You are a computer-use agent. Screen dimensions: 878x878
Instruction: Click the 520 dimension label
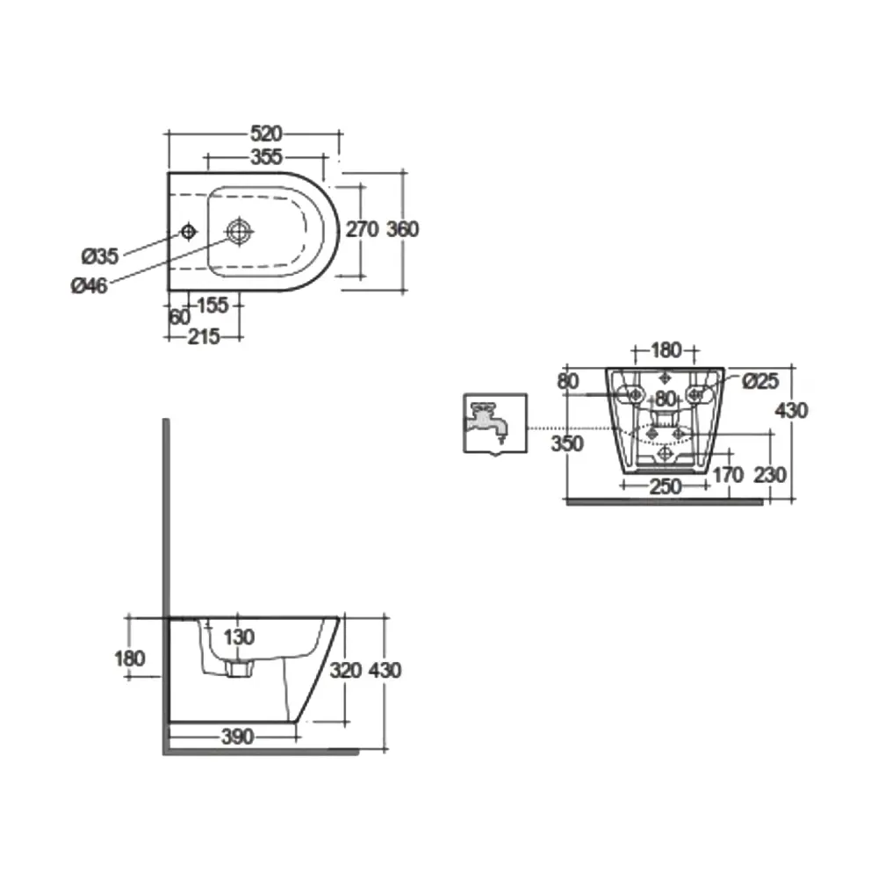click(266, 133)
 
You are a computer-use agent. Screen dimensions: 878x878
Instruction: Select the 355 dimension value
click(266, 157)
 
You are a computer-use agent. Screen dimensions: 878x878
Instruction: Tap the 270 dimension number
click(362, 229)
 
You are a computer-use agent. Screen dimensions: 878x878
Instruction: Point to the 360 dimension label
click(403, 229)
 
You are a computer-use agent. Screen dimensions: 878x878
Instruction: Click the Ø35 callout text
click(100, 256)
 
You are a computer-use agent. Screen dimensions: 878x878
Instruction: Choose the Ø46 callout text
click(89, 285)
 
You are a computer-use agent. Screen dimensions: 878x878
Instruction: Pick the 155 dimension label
click(212, 306)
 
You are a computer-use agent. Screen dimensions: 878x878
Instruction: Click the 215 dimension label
click(204, 336)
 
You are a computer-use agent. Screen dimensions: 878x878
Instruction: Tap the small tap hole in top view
click(189, 231)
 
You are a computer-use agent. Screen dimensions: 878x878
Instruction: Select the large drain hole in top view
click(239, 231)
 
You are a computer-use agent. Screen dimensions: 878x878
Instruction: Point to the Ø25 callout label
click(760, 381)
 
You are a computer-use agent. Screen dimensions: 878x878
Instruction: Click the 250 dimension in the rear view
click(666, 486)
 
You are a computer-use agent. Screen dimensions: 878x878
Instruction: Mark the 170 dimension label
click(728, 475)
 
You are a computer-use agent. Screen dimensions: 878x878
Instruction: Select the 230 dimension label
click(770, 475)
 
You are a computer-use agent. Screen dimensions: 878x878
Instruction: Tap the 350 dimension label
click(567, 443)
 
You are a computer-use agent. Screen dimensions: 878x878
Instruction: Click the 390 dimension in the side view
click(237, 737)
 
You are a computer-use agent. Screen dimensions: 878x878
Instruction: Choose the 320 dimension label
click(345, 670)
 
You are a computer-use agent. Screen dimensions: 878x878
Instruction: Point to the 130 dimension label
click(239, 637)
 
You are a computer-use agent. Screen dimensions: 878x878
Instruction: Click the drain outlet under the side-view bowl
click(240, 668)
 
